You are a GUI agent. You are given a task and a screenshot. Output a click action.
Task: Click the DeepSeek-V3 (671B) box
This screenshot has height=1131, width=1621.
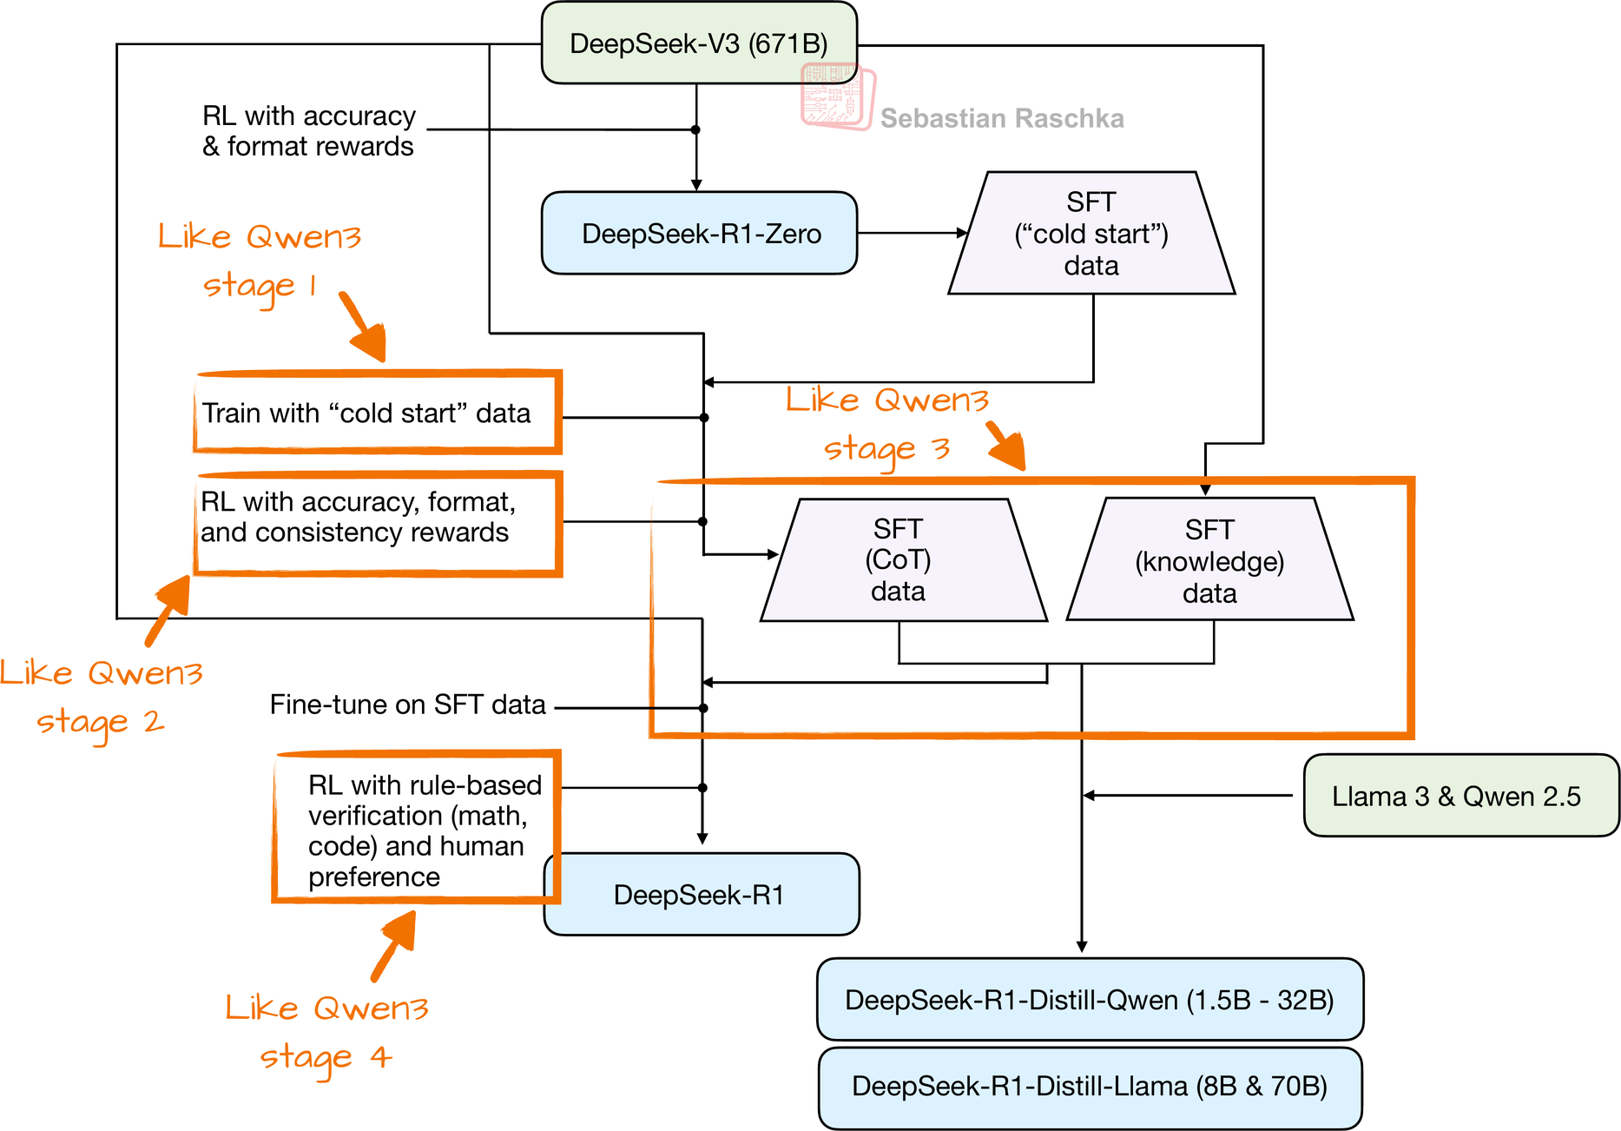click(x=699, y=43)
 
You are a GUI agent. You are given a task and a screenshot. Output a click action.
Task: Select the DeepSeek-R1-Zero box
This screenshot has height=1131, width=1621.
click(x=699, y=233)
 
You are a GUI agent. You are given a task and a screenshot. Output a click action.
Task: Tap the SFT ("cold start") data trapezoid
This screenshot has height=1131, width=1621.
click(x=1091, y=234)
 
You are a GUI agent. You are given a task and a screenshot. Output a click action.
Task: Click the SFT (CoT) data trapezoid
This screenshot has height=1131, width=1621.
click(x=899, y=560)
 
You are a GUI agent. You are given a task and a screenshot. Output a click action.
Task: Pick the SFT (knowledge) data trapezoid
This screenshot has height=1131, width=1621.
click(x=1209, y=561)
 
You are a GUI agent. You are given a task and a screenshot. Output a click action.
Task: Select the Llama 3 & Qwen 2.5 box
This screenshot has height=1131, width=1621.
click(x=1460, y=796)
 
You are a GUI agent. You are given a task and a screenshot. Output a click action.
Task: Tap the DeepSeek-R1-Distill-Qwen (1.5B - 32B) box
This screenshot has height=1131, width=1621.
click(x=1090, y=1000)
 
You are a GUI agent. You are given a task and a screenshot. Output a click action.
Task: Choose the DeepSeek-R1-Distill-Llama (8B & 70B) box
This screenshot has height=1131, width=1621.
click(x=1090, y=1087)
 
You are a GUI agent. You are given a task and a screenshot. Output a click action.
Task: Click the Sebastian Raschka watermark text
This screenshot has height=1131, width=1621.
click(x=1002, y=118)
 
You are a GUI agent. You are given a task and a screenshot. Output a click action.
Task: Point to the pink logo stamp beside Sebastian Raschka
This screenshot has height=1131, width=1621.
click(x=837, y=96)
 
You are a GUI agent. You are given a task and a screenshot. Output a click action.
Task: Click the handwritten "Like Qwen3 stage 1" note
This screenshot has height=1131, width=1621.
click(x=259, y=260)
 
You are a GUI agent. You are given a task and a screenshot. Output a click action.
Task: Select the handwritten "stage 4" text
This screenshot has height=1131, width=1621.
click(x=326, y=1057)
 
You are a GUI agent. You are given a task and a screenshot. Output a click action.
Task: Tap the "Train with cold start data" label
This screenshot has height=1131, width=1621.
click(x=366, y=413)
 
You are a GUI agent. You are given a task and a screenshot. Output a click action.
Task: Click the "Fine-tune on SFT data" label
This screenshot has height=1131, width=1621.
click(x=407, y=704)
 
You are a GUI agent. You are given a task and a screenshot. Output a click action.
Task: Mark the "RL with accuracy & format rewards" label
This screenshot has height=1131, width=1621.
click(x=308, y=131)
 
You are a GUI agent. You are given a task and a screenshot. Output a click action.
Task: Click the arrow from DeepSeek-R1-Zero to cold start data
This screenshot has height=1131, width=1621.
click(x=912, y=233)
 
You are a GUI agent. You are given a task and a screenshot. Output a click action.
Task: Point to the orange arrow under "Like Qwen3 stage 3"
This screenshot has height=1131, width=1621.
click(x=1007, y=446)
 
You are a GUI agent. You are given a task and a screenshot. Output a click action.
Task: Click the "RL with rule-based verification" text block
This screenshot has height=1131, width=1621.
click(x=424, y=830)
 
